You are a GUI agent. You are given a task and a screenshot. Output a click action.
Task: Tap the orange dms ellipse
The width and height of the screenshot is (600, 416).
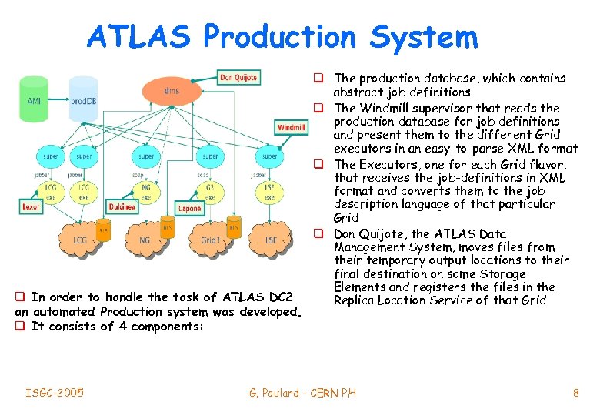tap(172, 92)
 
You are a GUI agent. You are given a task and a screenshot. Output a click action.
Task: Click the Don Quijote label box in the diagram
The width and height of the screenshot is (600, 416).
tap(238, 77)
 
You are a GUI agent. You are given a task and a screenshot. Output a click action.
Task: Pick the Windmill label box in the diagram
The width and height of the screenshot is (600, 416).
tap(291, 127)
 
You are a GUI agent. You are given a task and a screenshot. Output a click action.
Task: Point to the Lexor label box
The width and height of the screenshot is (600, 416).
tap(32, 207)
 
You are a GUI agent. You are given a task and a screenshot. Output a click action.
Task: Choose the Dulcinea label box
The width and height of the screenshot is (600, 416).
tap(122, 207)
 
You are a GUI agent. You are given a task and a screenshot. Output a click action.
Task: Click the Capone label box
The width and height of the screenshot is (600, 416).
tap(189, 208)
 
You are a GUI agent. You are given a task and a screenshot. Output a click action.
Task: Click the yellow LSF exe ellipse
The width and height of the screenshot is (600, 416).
tap(269, 192)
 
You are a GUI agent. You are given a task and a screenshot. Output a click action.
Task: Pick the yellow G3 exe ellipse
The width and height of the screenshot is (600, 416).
tap(209, 192)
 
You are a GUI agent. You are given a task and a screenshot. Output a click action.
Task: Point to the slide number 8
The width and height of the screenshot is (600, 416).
tap(575, 394)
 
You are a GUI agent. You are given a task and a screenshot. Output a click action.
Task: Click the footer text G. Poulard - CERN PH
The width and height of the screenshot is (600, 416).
tap(302, 394)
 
